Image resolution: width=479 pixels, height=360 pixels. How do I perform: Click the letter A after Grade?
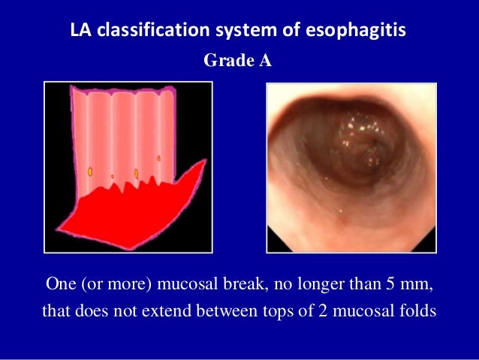(x=265, y=61)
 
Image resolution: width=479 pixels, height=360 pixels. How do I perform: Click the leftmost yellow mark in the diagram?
(x=90, y=172)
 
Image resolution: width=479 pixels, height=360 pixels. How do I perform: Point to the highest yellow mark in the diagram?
(x=158, y=158)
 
